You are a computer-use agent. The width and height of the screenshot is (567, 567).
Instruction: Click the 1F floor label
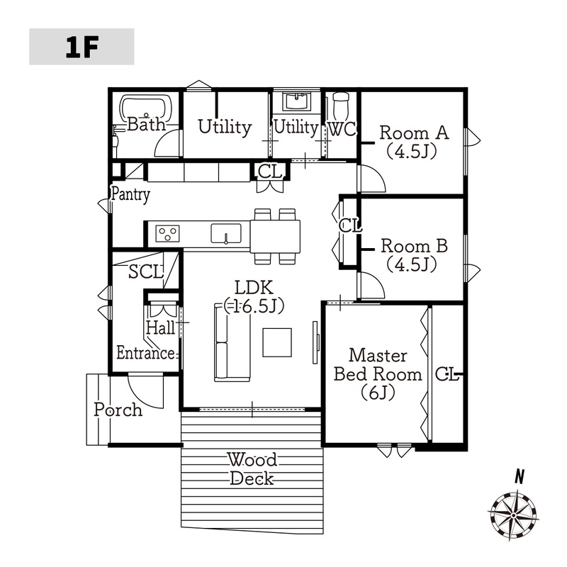[82, 47]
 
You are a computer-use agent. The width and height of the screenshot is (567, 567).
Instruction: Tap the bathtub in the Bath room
[146, 108]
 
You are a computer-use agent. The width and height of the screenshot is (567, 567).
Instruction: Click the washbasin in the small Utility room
[296, 101]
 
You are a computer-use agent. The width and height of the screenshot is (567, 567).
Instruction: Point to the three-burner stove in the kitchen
[167, 233]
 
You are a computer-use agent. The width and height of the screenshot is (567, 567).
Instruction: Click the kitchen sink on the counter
[226, 233]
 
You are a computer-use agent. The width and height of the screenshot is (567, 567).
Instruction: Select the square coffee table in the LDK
[277, 342]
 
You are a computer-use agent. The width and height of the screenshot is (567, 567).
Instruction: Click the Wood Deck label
[252, 469]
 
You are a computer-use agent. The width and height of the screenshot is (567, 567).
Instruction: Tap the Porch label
[118, 410]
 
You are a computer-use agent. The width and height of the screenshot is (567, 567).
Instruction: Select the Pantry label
[130, 194]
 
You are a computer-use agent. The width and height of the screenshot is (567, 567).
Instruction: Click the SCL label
[146, 272]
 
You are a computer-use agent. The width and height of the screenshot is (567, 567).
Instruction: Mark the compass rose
[513, 515]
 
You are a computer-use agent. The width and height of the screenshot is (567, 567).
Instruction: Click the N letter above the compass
[520, 476]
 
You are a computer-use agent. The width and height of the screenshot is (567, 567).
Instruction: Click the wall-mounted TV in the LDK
[315, 342]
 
